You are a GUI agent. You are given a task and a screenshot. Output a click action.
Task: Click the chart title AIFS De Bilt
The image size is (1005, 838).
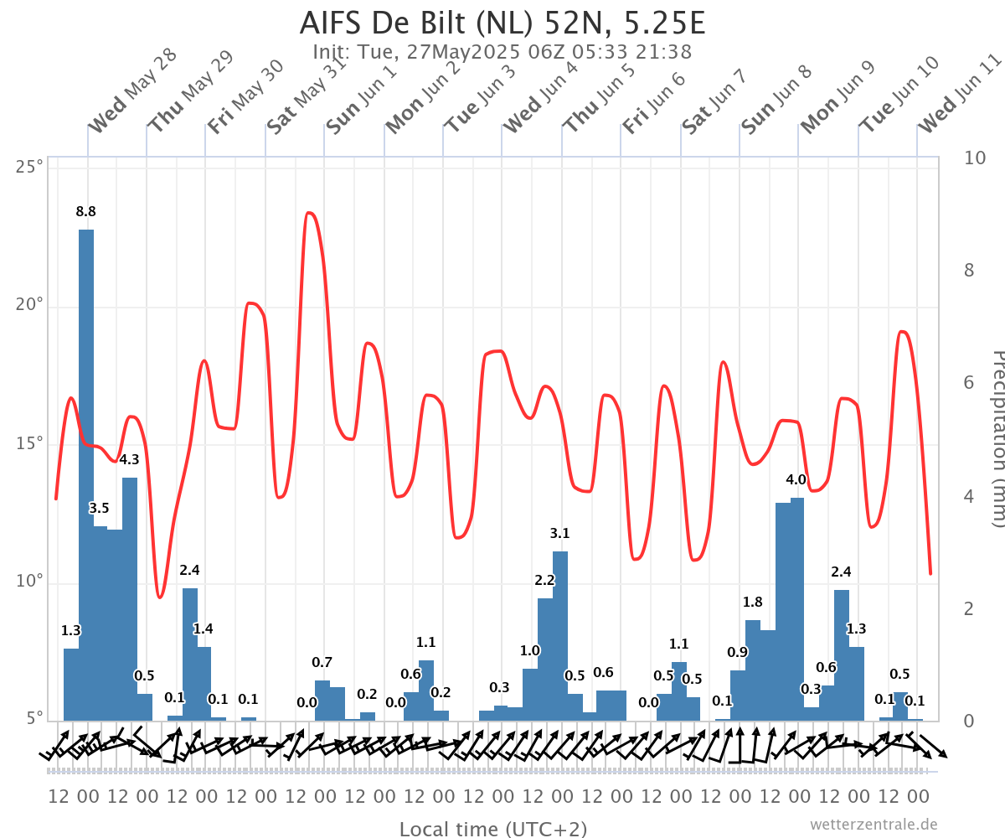click(x=502, y=23)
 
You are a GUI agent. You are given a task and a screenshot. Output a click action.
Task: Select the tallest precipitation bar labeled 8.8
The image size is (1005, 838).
click(x=86, y=469)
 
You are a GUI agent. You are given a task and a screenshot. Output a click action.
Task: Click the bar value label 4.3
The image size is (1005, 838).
click(x=130, y=459)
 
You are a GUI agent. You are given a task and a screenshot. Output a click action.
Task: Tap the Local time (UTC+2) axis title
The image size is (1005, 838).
click(x=493, y=829)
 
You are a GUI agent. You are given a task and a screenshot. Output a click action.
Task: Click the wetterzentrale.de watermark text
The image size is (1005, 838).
click(x=874, y=825)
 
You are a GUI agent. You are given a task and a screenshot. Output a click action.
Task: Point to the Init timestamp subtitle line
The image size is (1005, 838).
click(x=502, y=52)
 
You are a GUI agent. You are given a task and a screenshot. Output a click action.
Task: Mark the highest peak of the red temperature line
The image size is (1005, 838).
click(x=310, y=213)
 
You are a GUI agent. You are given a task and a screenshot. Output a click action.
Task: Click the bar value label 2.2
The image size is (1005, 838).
click(x=545, y=581)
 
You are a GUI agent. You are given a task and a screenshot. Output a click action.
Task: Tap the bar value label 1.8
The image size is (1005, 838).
click(x=753, y=602)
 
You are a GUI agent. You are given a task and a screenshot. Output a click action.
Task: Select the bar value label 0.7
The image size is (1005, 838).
click(x=322, y=662)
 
